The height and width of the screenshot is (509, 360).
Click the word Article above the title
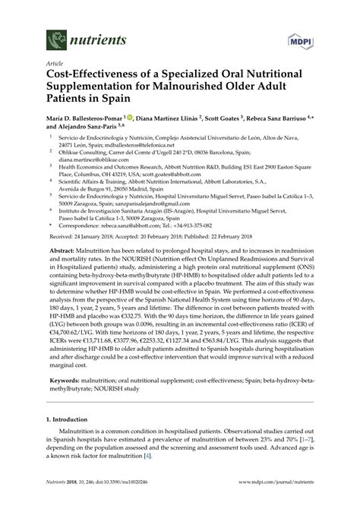(55, 64)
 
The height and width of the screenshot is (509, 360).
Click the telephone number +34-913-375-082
(215, 225)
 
